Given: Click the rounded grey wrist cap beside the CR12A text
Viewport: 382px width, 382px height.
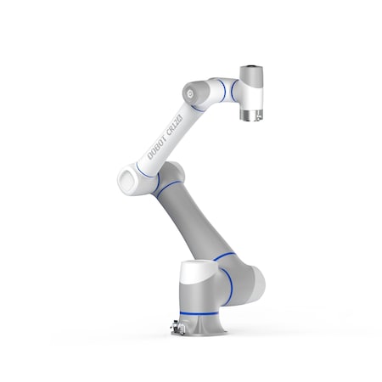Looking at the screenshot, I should pos(195,90).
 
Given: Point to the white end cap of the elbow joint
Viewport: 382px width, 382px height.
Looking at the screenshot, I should pos(127,177).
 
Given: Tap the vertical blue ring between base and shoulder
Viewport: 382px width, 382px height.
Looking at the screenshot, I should pos(228,285).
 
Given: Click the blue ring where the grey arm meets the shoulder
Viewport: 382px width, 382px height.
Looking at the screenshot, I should pos(223,256).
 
